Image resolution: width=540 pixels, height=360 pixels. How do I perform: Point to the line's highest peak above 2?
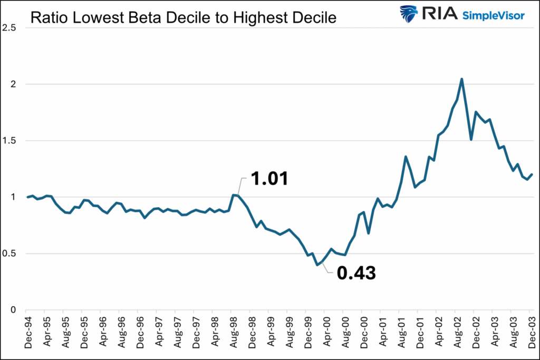point(462,79)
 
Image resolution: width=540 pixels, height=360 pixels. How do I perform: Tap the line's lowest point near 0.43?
point(317,265)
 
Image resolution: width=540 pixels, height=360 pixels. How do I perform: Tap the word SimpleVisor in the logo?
point(493,15)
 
